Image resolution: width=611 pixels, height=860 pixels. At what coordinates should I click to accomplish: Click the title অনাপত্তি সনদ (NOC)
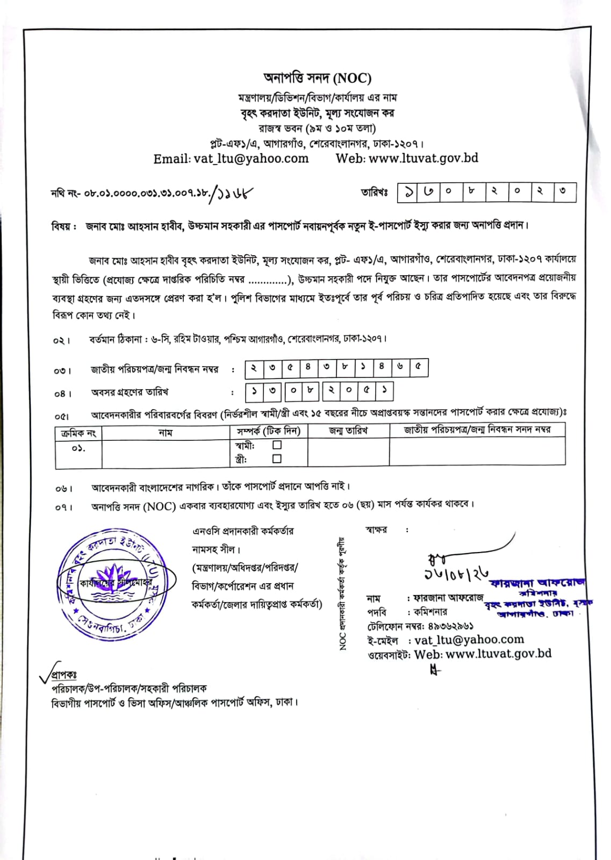pos(317,78)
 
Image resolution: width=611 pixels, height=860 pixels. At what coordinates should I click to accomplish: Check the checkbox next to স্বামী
pos(277,445)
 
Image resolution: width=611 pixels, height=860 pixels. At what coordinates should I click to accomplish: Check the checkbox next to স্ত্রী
pos(277,458)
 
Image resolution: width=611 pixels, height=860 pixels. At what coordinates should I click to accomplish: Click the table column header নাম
pos(166,432)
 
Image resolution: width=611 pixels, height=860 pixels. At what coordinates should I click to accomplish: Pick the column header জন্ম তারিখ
pos(348,431)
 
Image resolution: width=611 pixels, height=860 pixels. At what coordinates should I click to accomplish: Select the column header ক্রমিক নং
pos(78,433)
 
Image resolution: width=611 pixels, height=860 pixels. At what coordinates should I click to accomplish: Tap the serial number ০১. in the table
pos(78,448)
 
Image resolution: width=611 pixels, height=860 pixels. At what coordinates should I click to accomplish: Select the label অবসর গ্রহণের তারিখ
pos(130,392)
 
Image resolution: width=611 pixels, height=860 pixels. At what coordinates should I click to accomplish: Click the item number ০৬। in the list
pos(63,489)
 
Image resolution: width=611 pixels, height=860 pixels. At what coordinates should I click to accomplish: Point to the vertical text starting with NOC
pos(342,594)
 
